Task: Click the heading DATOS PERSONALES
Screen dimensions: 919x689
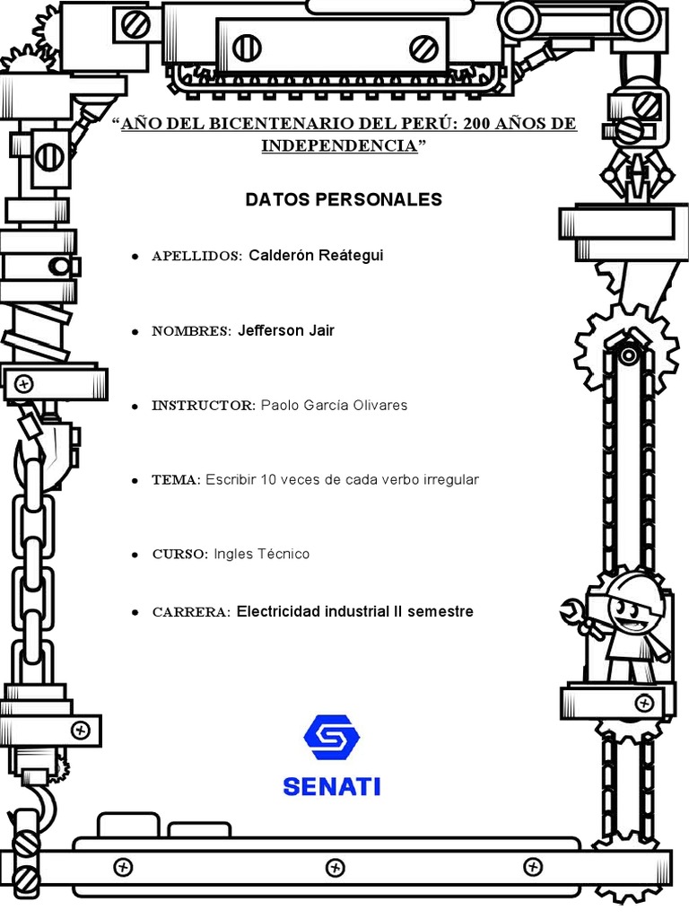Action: coord(344,199)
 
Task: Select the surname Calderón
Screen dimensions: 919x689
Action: coord(280,256)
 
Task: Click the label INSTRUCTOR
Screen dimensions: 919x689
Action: coord(203,406)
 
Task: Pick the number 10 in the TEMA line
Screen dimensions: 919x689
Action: coord(269,480)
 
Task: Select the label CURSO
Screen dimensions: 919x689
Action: coord(179,555)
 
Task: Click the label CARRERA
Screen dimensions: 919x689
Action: coord(191,613)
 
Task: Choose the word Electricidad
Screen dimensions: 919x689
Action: coord(278,612)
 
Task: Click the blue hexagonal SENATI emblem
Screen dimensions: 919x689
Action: coord(332,737)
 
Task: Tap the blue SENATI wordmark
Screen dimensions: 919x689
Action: coord(332,786)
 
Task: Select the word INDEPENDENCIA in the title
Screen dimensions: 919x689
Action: coord(340,145)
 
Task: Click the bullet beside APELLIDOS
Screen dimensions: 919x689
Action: coord(135,257)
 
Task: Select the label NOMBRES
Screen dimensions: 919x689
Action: coord(191,331)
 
